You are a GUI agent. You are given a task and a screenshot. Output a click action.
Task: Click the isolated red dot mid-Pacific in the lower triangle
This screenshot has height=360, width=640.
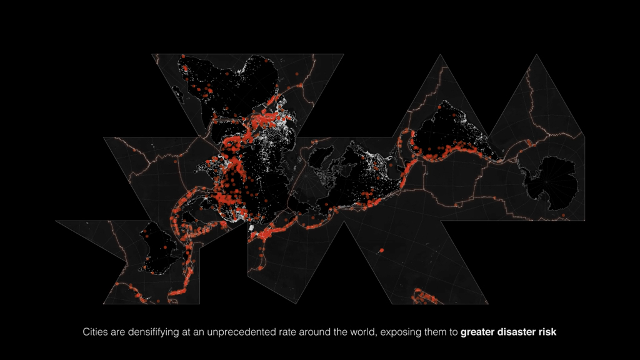(x=381, y=251)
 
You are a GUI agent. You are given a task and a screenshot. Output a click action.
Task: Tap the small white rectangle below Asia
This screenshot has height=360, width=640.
(x=251, y=229)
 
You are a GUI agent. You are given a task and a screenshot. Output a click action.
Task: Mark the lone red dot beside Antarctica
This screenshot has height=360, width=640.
(x=562, y=216)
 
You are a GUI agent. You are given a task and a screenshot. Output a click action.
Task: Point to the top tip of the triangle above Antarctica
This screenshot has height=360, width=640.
(x=536, y=55)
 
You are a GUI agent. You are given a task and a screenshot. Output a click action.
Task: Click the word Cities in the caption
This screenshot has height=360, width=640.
(x=96, y=332)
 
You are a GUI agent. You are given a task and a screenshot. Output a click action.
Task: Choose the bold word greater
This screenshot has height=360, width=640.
(x=479, y=332)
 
